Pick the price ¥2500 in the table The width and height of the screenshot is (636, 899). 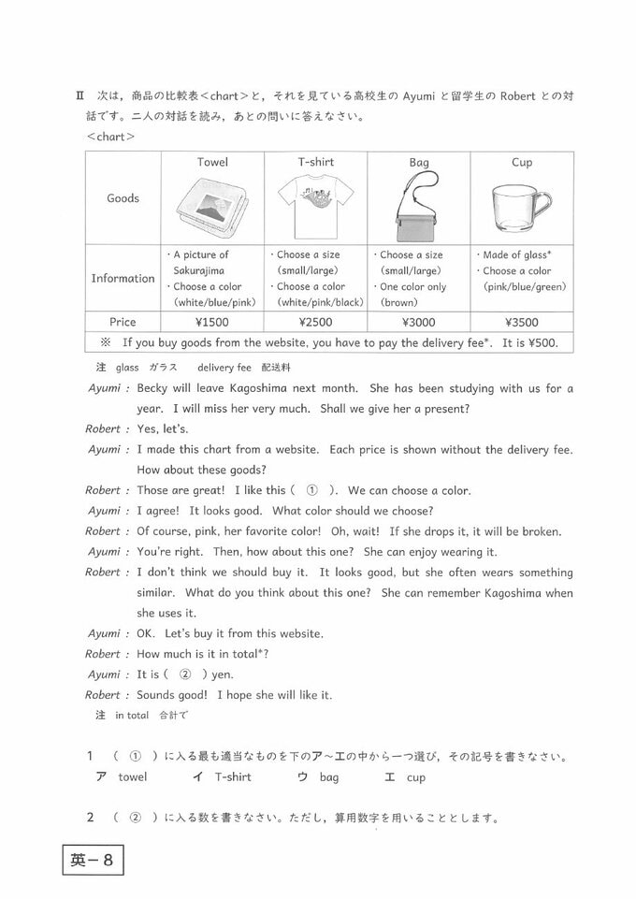click(x=315, y=321)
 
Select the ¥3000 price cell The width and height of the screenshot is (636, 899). click(x=418, y=321)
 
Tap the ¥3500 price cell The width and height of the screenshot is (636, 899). click(x=521, y=321)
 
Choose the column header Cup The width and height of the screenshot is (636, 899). click(x=522, y=163)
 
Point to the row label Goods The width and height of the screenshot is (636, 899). click(x=123, y=198)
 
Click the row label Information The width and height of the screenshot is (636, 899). click(x=123, y=278)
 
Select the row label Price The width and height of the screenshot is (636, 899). click(x=123, y=321)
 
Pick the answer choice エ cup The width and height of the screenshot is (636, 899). click(x=405, y=777)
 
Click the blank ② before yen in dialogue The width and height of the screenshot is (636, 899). click(x=184, y=674)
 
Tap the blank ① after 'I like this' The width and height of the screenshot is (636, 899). click(x=313, y=490)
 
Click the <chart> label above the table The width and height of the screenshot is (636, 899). click(x=110, y=137)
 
